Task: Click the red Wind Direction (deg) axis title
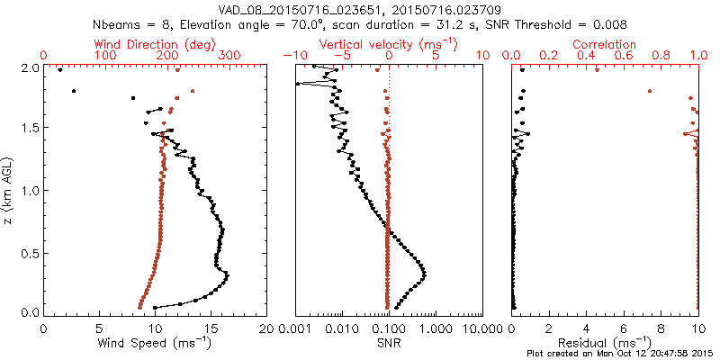coord(154,43)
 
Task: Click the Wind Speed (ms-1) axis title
coord(155,343)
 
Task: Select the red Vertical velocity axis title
coord(388,43)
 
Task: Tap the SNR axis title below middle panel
coord(388,343)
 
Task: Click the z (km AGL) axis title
coord(10,189)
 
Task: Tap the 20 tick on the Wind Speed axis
coord(265,328)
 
